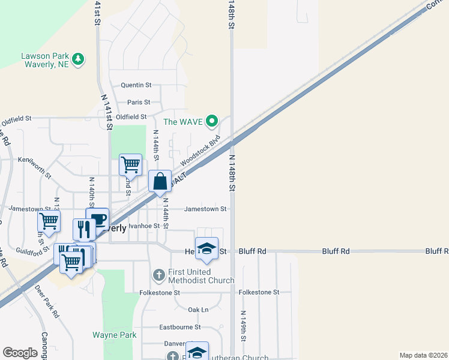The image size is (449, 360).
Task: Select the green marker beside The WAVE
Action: (211, 122)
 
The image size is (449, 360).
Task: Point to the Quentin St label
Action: (136, 86)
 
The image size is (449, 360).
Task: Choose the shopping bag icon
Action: (160, 182)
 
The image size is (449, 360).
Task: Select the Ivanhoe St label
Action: (147, 226)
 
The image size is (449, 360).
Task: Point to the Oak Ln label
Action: (197, 310)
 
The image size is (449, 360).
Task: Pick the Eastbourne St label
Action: (179, 328)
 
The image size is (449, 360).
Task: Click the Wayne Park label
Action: (110, 334)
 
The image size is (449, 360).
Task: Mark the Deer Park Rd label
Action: (47, 300)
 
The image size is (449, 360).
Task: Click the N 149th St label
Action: (243, 326)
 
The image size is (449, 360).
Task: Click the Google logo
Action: (20, 353)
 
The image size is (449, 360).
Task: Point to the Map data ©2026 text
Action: (423, 355)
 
